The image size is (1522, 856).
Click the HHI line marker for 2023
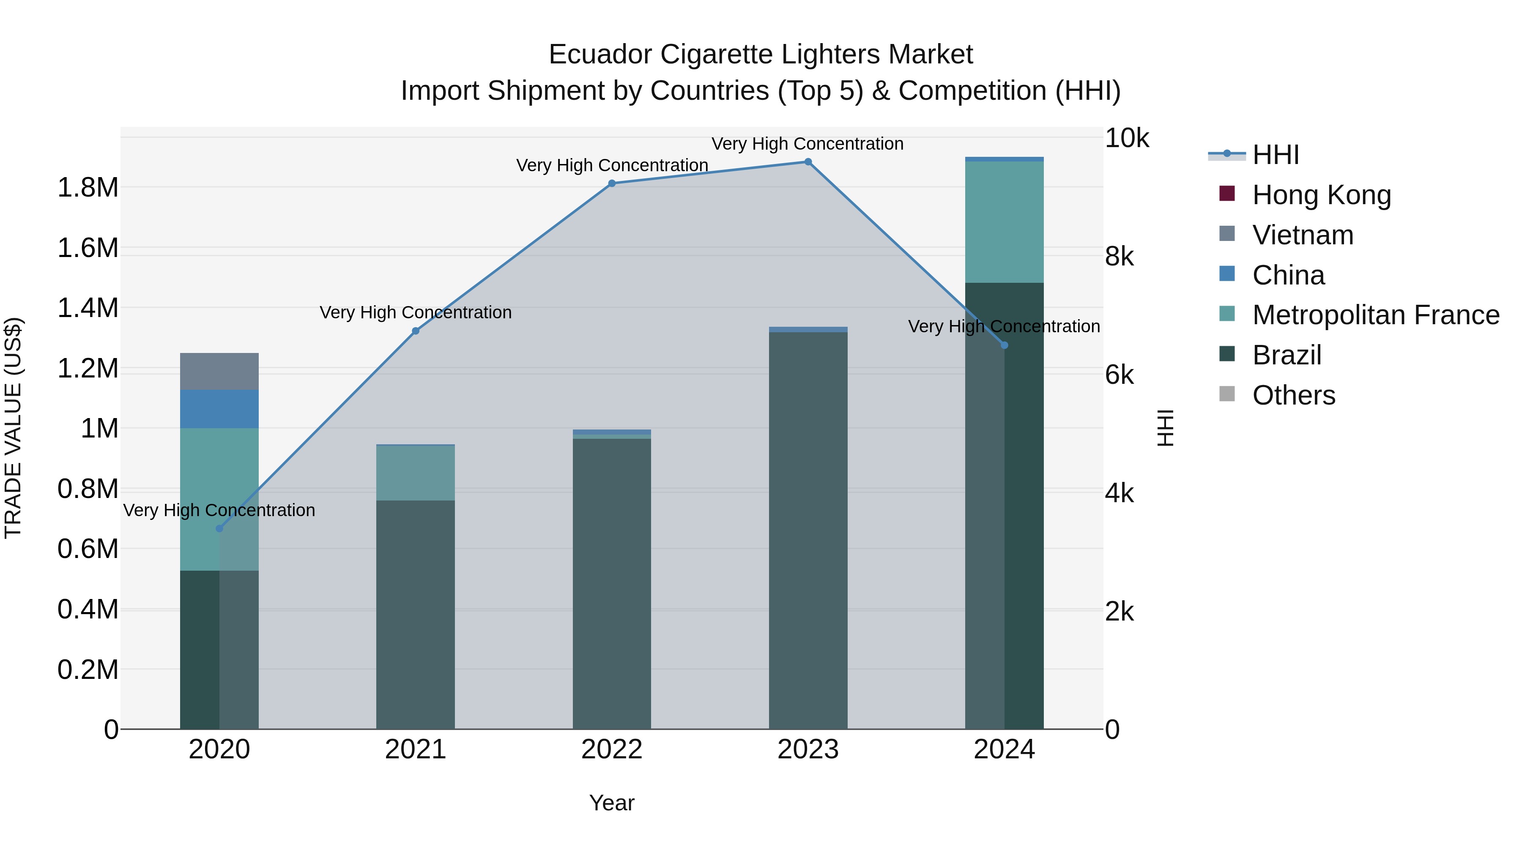pos(808,162)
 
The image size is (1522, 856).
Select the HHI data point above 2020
pos(219,528)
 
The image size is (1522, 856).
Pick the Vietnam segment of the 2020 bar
pos(219,371)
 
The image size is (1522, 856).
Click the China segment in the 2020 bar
pos(219,409)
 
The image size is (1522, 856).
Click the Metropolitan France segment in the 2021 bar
pos(415,473)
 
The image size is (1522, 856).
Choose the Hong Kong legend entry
pos(1321,195)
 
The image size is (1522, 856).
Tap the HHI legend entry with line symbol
pos(1275,155)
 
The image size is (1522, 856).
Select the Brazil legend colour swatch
pos(1226,355)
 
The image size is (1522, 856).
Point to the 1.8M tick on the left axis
pos(88,188)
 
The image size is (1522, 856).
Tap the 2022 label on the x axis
pos(611,749)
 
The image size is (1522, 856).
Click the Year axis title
pos(611,803)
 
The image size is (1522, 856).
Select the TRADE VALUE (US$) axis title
pos(13,428)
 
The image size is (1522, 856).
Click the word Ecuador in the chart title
pos(599,55)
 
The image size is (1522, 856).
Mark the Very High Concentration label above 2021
pos(415,312)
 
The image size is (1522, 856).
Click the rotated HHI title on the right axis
pos(1165,428)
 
